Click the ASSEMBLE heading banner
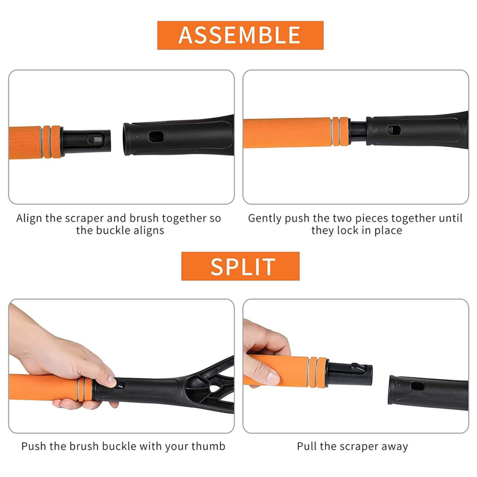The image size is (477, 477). tap(240, 35)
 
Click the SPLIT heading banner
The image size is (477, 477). tap(240, 266)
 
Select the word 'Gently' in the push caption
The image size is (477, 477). tap(265, 219)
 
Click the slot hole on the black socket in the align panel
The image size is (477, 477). tap(157, 136)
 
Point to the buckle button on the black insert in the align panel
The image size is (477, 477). tap(94, 139)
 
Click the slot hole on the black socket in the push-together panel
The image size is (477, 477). tap(394, 131)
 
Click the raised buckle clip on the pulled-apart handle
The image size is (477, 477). tap(358, 367)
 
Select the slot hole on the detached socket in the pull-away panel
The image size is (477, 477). tap(417, 386)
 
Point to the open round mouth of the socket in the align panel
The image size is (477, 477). tap(127, 139)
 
